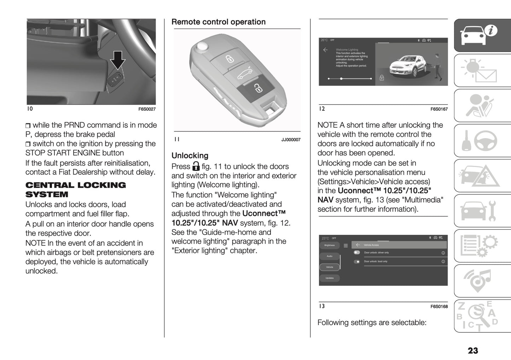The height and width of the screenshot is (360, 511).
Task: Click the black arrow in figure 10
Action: pos(118,59)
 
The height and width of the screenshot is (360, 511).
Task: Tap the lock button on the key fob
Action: pos(230,58)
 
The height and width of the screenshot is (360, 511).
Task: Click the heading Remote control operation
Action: pos(218,22)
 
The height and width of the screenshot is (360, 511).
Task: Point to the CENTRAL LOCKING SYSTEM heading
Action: pos(75,190)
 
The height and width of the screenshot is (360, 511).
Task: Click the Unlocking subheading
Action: pos(190,156)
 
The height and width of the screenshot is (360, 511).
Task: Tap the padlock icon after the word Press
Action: pos(196,166)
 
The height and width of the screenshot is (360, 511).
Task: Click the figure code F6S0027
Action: pos(147,109)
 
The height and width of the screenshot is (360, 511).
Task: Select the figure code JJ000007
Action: pos(291,140)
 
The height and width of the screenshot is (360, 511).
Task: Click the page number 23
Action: pos(472,350)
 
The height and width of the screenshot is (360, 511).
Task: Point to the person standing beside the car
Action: pos(438,66)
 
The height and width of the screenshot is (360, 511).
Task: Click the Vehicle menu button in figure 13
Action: pos(329,267)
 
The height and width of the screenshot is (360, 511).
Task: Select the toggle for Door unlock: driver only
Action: pos(357,252)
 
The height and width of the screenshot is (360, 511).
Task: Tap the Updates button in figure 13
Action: pos(329,278)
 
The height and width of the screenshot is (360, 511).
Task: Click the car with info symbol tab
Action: pos(482,35)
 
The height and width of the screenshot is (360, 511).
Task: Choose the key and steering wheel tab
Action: pos(482,140)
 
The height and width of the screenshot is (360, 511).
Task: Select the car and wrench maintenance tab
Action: pos(482,211)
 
